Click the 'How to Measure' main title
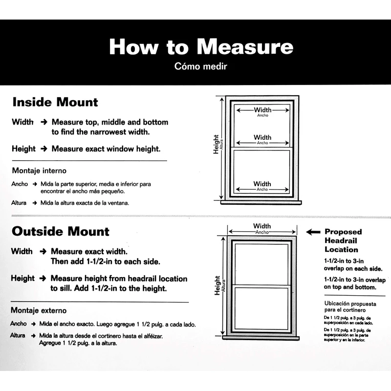(201, 46)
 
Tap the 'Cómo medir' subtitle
(200, 66)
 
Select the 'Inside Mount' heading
(55, 102)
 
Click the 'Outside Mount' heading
(61, 231)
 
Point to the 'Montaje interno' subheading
(39, 171)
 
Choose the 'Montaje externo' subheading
(39, 310)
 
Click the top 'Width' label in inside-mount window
(262, 110)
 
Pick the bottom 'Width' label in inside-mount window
(262, 184)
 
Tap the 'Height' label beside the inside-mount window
(216, 145)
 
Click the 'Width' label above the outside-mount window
(262, 226)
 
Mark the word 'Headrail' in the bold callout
(341, 241)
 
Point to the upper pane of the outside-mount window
(261, 262)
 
